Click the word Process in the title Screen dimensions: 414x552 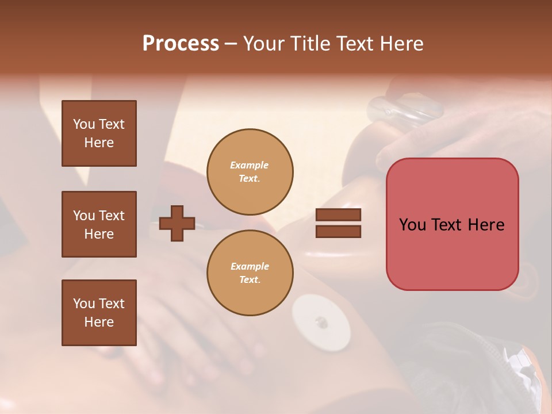[x=181, y=44]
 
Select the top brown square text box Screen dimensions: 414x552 [x=99, y=133]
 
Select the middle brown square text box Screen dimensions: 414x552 [x=99, y=224]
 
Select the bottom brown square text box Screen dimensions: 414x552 [x=99, y=313]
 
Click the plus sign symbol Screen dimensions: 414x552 [x=177, y=223]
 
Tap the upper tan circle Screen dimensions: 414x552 [x=250, y=172]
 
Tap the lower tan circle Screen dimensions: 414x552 [x=250, y=273]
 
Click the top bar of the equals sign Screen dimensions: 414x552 [x=338, y=214]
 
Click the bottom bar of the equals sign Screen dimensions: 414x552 [x=338, y=231]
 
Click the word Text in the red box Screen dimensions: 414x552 [x=450, y=225]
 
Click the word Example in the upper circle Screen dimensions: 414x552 [x=250, y=165]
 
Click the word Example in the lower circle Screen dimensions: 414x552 [x=250, y=266]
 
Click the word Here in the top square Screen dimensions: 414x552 [x=99, y=143]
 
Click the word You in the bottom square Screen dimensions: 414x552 [x=83, y=304]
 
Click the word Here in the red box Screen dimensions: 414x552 [x=486, y=225]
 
